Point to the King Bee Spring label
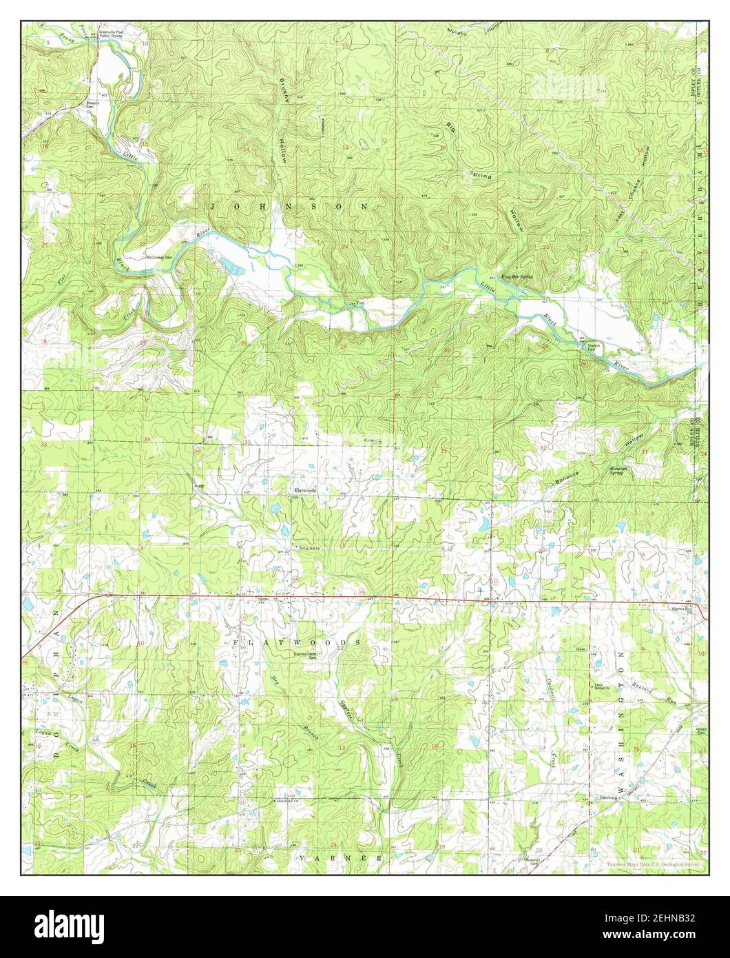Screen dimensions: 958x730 (517, 276)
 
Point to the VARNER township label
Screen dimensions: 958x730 (341, 858)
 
